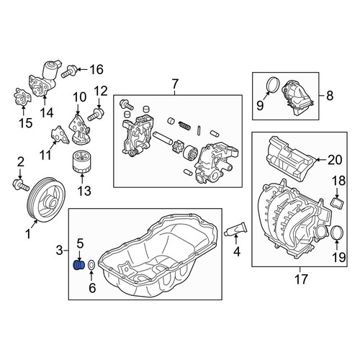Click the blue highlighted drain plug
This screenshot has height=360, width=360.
click(78, 265)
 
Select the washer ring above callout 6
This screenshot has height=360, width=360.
click(91, 265)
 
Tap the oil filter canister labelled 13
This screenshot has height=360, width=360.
click(82, 161)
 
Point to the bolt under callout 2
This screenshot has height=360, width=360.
click(20, 185)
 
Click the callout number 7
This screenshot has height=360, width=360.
click(175, 84)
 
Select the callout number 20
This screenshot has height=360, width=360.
click(335, 160)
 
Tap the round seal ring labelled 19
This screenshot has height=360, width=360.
click(337, 233)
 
